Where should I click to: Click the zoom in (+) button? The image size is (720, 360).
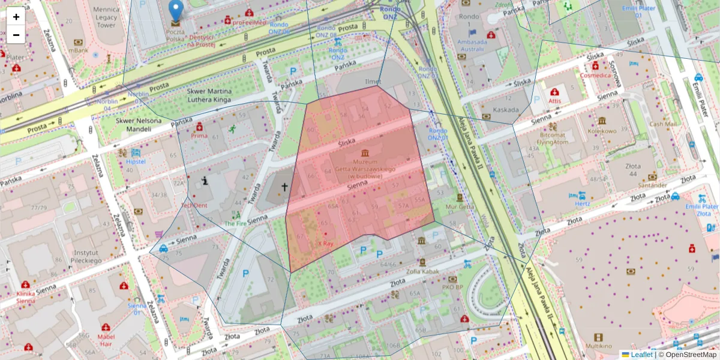[16, 17]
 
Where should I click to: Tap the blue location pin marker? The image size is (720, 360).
[175, 11]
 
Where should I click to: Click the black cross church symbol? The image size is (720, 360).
[284, 187]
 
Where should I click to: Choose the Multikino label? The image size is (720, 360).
[598, 347]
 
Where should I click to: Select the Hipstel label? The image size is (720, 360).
[136, 162]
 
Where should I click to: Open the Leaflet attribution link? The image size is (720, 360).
[641, 355]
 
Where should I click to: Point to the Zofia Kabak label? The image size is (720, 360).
[422, 271]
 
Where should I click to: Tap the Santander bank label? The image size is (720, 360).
[652, 185]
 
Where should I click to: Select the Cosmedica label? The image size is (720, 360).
[595, 76]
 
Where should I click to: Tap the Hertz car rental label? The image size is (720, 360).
[582, 203]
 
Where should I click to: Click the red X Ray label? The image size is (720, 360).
[325, 244]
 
